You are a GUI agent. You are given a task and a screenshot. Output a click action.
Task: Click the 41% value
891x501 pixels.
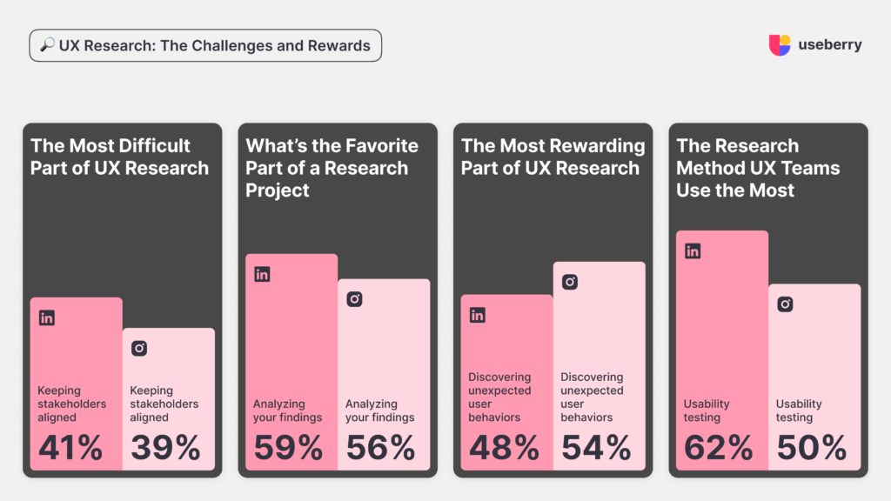click(x=70, y=448)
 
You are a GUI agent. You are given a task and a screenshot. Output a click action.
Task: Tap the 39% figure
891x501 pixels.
click(x=165, y=448)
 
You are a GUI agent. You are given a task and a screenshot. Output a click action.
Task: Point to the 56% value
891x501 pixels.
click(x=380, y=448)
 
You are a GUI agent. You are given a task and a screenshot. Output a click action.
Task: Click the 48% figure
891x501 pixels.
click(x=503, y=448)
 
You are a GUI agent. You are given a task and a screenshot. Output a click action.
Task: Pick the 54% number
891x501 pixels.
click(x=596, y=448)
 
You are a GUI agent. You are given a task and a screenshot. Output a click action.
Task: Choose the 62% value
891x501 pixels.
click(x=718, y=448)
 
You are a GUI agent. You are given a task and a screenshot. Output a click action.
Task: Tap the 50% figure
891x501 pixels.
click(x=811, y=448)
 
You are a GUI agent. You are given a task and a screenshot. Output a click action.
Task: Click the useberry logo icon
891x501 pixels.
click(x=780, y=45)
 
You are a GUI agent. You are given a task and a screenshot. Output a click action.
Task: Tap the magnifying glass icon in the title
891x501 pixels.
click(x=48, y=46)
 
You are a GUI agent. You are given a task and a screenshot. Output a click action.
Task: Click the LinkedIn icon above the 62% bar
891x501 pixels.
click(x=693, y=251)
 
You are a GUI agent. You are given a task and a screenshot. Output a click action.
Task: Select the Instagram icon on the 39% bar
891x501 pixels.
click(x=139, y=348)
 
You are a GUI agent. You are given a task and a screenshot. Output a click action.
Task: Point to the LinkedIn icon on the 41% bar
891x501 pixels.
click(x=47, y=318)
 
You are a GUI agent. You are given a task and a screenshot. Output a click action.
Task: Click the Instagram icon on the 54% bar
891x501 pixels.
click(x=570, y=282)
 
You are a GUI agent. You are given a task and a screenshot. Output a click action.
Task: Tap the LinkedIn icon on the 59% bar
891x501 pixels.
click(x=262, y=274)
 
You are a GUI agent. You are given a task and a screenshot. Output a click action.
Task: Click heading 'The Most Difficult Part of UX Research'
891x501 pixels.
click(x=119, y=157)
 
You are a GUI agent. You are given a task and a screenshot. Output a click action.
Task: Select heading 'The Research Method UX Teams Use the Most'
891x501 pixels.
click(x=758, y=168)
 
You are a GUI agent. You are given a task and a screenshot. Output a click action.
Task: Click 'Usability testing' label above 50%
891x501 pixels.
click(x=799, y=411)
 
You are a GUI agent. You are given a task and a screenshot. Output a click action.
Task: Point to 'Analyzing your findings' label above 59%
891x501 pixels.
click(x=287, y=411)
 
